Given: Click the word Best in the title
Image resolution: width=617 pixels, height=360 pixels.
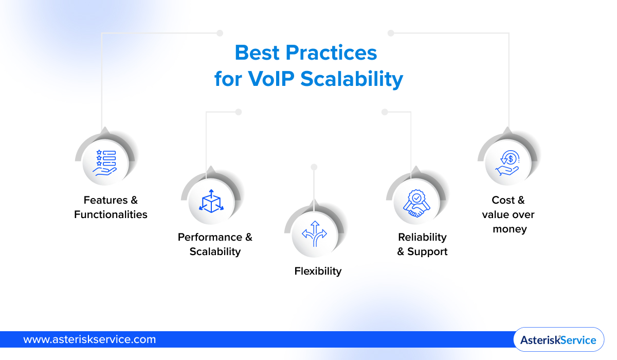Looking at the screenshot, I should [257, 53].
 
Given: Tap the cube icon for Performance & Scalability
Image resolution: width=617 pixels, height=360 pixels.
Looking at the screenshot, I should [211, 201].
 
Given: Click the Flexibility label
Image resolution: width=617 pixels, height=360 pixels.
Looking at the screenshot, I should [318, 271].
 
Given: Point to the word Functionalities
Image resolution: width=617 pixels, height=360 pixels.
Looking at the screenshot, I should [111, 214].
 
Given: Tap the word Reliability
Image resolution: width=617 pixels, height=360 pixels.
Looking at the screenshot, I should [422, 237].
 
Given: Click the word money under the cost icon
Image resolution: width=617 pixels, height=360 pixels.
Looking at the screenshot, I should [510, 229].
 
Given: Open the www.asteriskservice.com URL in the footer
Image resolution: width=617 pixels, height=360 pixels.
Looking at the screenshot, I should [89, 339].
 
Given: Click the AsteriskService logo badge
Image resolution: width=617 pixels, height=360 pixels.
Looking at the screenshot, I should [558, 340].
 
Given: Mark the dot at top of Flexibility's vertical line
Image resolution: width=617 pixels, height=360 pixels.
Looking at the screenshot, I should [314, 167].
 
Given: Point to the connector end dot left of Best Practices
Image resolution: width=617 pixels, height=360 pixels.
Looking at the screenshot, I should [220, 33].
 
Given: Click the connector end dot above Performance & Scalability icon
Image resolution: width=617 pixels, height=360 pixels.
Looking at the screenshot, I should [238, 112].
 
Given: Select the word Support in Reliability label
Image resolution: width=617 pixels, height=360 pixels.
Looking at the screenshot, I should [427, 251].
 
